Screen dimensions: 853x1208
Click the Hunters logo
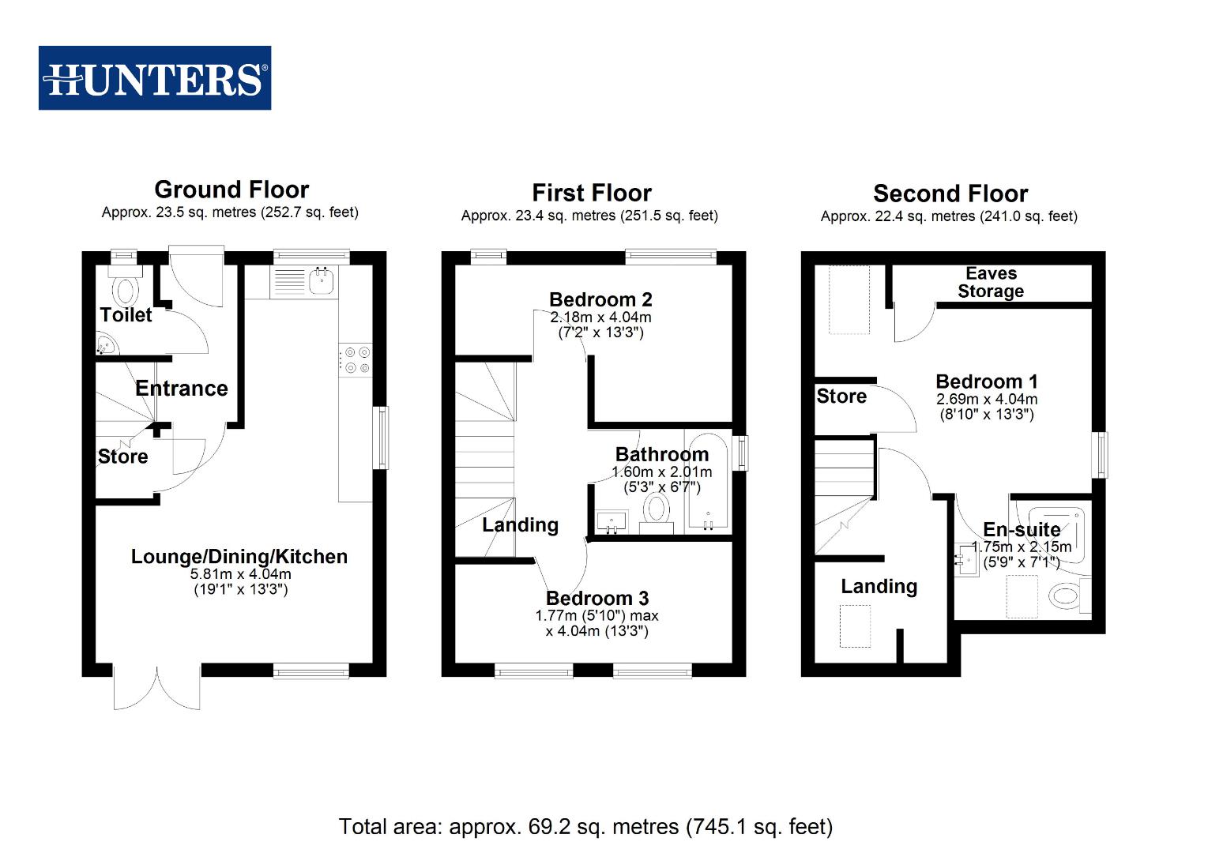(x=155, y=78)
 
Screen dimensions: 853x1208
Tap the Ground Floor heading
(x=231, y=190)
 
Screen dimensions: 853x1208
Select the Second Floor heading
(x=950, y=194)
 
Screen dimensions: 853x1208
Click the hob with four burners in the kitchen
(x=355, y=360)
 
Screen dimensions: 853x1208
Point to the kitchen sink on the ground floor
(x=320, y=280)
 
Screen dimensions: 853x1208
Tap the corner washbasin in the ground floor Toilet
(x=105, y=344)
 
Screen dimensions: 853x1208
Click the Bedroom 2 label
(x=600, y=299)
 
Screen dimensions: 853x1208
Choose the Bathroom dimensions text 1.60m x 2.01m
(x=661, y=472)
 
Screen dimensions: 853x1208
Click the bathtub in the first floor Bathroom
(x=708, y=482)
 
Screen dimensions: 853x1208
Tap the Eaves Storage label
(x=990, y=282)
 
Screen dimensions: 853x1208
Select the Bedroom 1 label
(x=986, y=381)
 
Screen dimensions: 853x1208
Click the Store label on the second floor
(x=841, y=396)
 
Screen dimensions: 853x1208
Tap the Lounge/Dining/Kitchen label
(x=239, y=557)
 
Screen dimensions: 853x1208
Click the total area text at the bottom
(x=585, y=826)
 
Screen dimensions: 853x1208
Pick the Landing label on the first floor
(x=520, y=525)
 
